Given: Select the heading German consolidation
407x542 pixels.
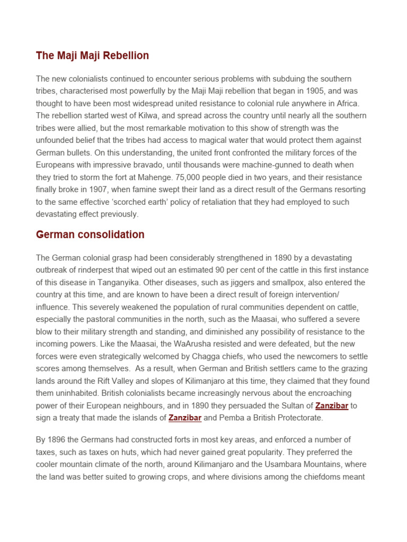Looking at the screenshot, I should point(90,234).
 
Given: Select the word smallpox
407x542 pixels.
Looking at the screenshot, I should point(284,282).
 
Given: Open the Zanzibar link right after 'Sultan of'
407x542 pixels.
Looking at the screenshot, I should point(332,406).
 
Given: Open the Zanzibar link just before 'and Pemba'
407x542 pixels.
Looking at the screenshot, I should point(185,418).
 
